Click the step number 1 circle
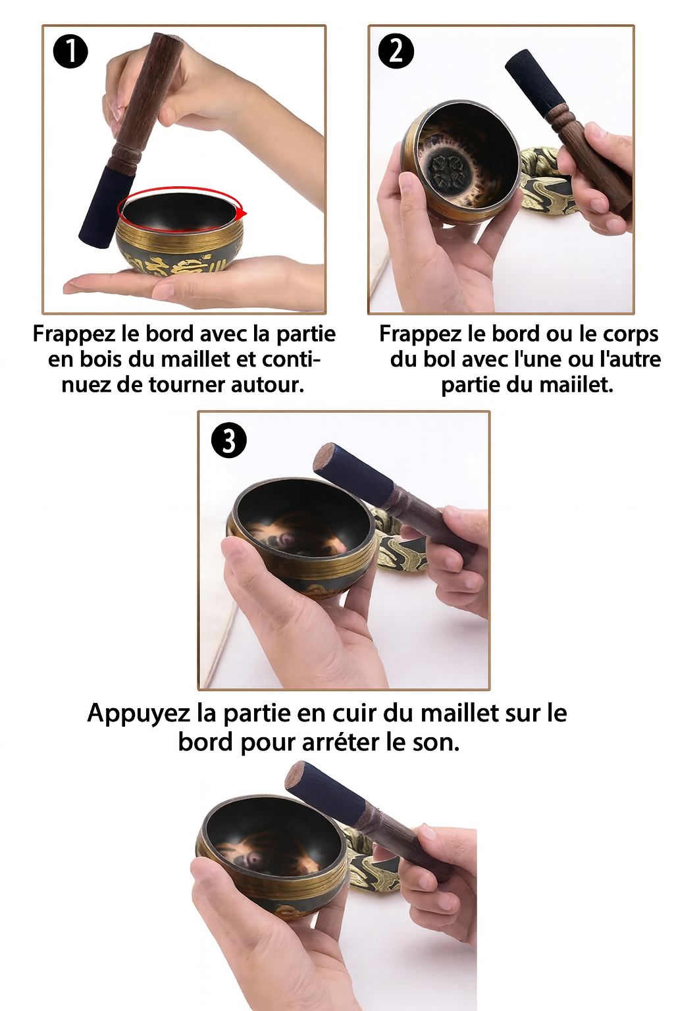[x=70, y=53]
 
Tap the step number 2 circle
[x=396, y=53]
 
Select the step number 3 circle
[x=229, y=440]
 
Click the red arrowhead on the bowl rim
[x=244, y=213]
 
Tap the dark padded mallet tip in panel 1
[x=107, y=205]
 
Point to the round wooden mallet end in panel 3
[x=324, y=457]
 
